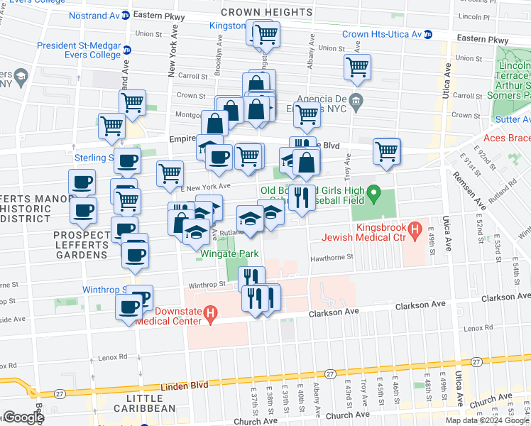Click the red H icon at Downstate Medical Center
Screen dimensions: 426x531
point(209,312)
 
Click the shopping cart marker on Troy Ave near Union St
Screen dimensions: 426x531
point(357,67)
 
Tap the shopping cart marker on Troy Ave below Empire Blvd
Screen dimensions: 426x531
point(386,151)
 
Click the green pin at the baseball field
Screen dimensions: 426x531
point(378,192)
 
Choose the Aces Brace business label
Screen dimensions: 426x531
point(507,138)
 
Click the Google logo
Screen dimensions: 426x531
point(23,417)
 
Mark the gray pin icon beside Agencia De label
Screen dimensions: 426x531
point(358,99)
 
